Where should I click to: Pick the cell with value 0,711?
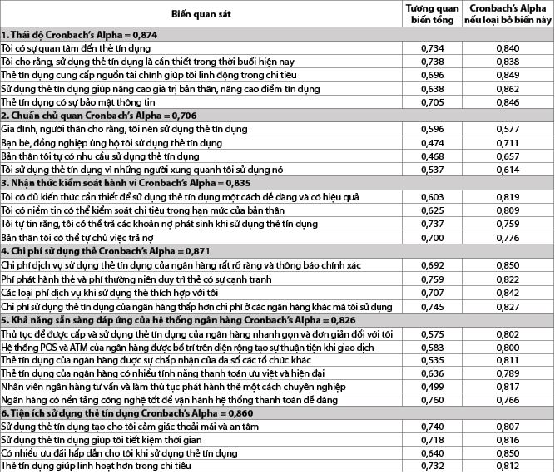coord(507,143)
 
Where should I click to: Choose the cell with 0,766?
coord(507,399)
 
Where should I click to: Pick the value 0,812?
coord(507,467)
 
